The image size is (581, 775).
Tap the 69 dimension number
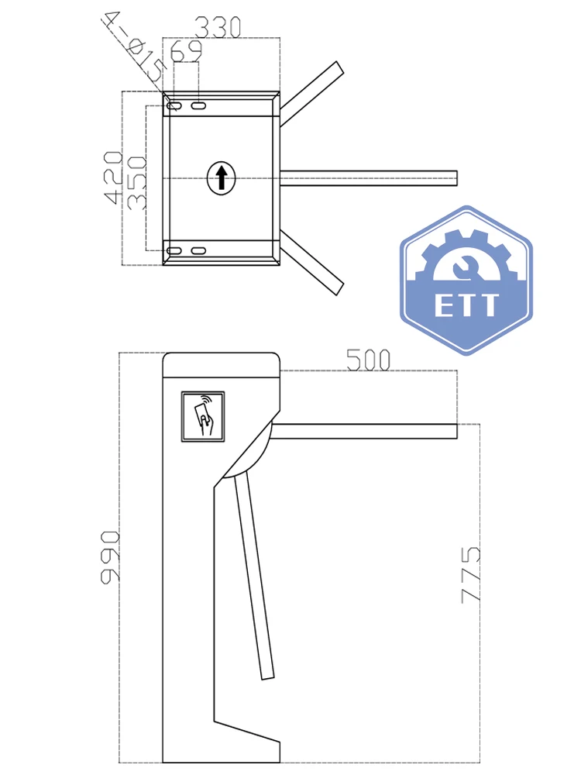click(x=186, y=52)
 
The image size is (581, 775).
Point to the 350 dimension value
click(x=136, y=182)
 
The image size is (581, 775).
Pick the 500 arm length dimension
click(x=367, y=360)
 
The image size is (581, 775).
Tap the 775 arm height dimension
click(x=471, y=574)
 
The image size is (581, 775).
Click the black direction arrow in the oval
click(x=222, y=177)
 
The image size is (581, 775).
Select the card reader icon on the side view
click(x=203, y=416)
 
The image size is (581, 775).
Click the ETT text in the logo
click(x=466, y=305)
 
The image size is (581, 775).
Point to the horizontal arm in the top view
click(x=368, y=177)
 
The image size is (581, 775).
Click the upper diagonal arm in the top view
click(x=310, y=93)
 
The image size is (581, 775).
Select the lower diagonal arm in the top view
click(x=311, y=262)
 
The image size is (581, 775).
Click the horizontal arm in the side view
click(x=364, y=430)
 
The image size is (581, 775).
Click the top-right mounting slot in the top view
click(x=199, y=105)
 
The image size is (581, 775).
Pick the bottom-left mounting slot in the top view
click(x=175, y=250)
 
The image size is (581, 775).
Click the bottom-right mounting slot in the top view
click(x=199, y=250)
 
